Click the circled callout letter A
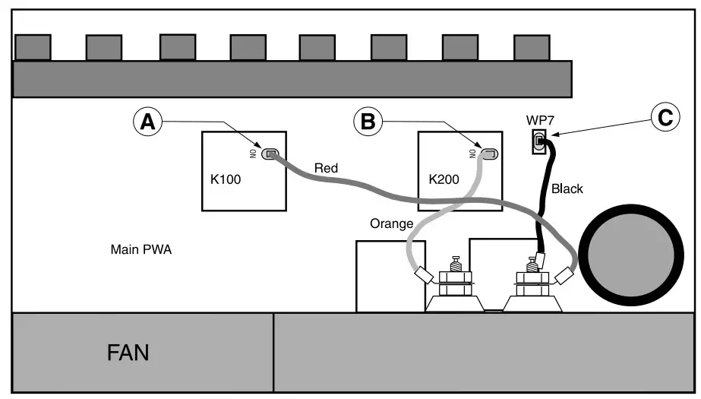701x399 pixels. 149,122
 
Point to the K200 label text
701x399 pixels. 444,180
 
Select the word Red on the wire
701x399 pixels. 326,168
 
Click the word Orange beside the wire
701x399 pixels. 390,223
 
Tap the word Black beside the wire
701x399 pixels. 567,188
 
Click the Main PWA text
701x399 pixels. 141,249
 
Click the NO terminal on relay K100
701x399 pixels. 270,154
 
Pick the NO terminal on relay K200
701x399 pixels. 488,154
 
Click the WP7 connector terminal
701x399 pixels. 540,141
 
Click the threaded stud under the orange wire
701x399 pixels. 456,264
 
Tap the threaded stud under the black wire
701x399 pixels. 532,265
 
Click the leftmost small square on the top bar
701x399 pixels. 33,47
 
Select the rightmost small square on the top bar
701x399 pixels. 532,47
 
